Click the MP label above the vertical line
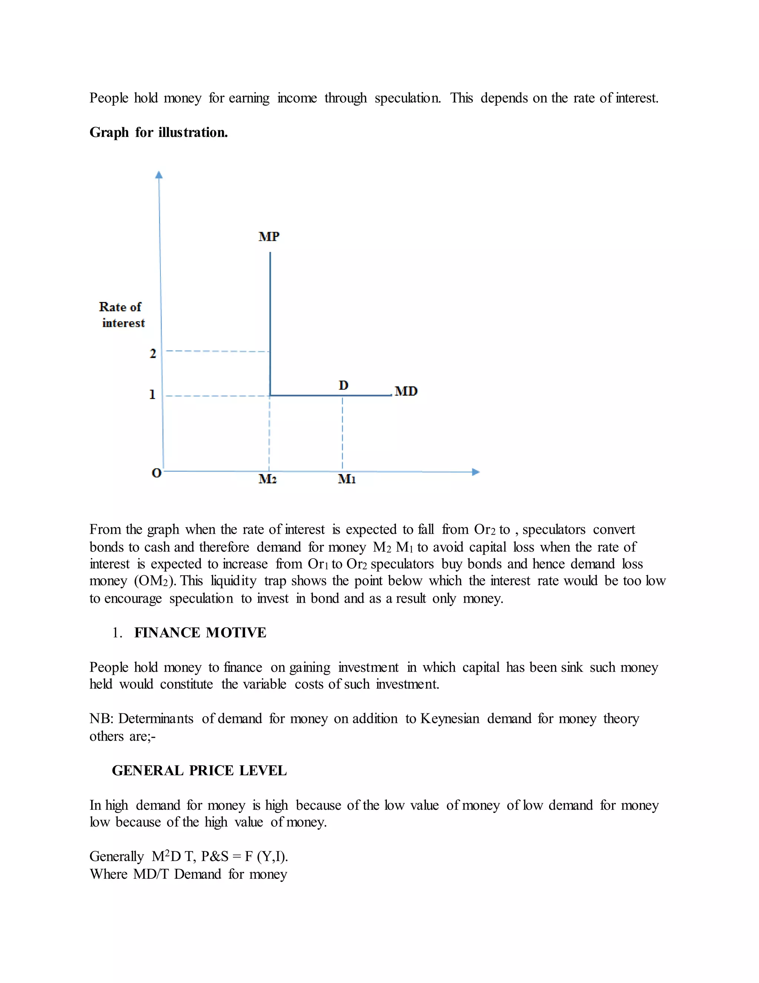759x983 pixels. [269, 237]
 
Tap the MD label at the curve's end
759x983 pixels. [406, 391]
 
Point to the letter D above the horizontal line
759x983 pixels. [344, 385]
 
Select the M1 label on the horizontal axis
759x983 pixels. [347, 479]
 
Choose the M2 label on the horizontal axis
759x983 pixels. [268, 479]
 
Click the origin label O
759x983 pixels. [156, 473]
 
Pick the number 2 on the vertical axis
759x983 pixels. [153, 354]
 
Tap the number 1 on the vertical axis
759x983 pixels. [152, 395]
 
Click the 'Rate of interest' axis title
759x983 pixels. [122, 315]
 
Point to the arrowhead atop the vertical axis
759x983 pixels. [159, 175]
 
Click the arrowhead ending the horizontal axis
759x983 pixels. [476, 472]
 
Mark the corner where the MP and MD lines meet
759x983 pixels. [270, 395]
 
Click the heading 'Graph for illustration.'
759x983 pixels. [158, 132]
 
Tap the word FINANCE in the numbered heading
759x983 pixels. [167, 633]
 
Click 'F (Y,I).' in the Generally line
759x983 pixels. [266, 856]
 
